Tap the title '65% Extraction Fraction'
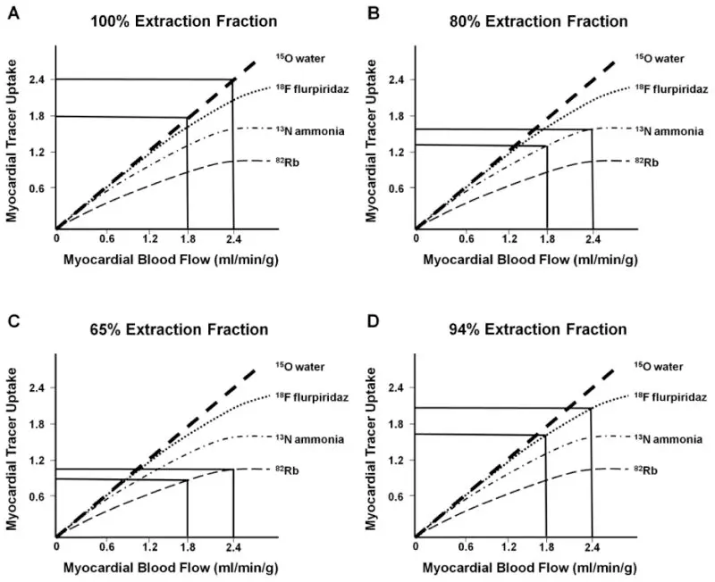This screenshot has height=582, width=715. pos(178,328)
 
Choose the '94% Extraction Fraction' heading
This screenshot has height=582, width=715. pos(537,328)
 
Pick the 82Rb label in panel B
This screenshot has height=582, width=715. pos(658,162)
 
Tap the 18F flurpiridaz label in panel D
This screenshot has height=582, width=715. pos(671,395)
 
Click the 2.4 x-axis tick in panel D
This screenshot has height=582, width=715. pos(592,546)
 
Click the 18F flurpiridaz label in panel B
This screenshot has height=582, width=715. pos(671,87)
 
